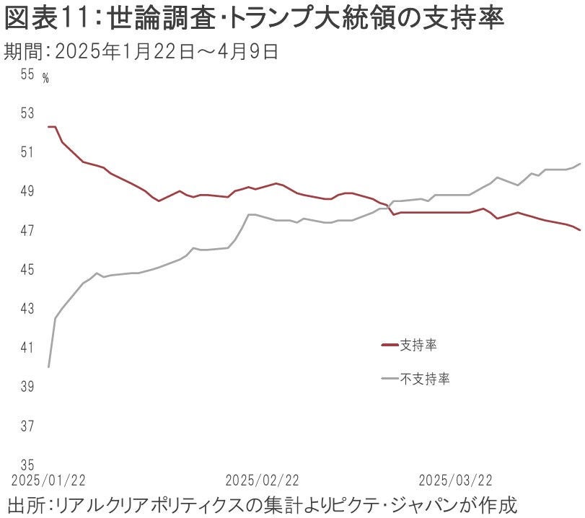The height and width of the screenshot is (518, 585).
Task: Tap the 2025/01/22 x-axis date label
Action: pyautogui.click(x=48, y=480)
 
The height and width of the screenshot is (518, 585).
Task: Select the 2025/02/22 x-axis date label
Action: pyautogui.click(x=262, y=480)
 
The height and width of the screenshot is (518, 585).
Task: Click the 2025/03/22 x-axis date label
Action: pyautogui.click(x=456, y=480)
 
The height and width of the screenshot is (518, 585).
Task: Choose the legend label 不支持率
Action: pyautogui.click(x=425, y=378)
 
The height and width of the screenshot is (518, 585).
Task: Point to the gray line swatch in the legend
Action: pyautogui.click(x=390, y=378)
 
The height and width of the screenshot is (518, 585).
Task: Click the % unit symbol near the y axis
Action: pyautogui.click(x=45, y=79)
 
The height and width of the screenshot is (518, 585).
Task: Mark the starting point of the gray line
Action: pyautogui.click(x=48, y=367)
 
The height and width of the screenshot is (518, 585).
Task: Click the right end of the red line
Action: pyautogui.click(x=581, y=229)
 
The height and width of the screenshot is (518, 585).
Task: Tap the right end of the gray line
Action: pyautogui.click(x=581, y=164)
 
